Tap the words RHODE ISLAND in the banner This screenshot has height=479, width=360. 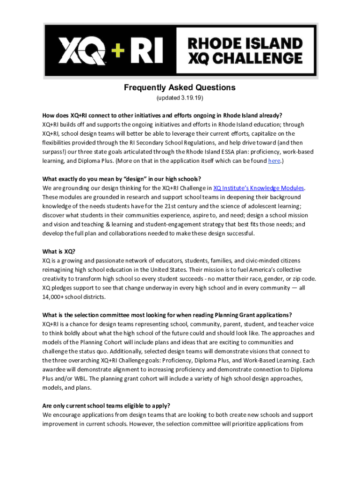coord(245,44)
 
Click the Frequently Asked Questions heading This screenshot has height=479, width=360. coord(180,87)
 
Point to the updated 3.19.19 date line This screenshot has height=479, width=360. coord(180,99)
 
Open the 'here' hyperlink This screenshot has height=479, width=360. coord(274,161)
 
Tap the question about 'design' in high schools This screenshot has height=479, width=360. coord(122,179)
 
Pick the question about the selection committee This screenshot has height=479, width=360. coord(167,314)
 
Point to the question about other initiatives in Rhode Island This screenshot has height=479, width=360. coord(162,115)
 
